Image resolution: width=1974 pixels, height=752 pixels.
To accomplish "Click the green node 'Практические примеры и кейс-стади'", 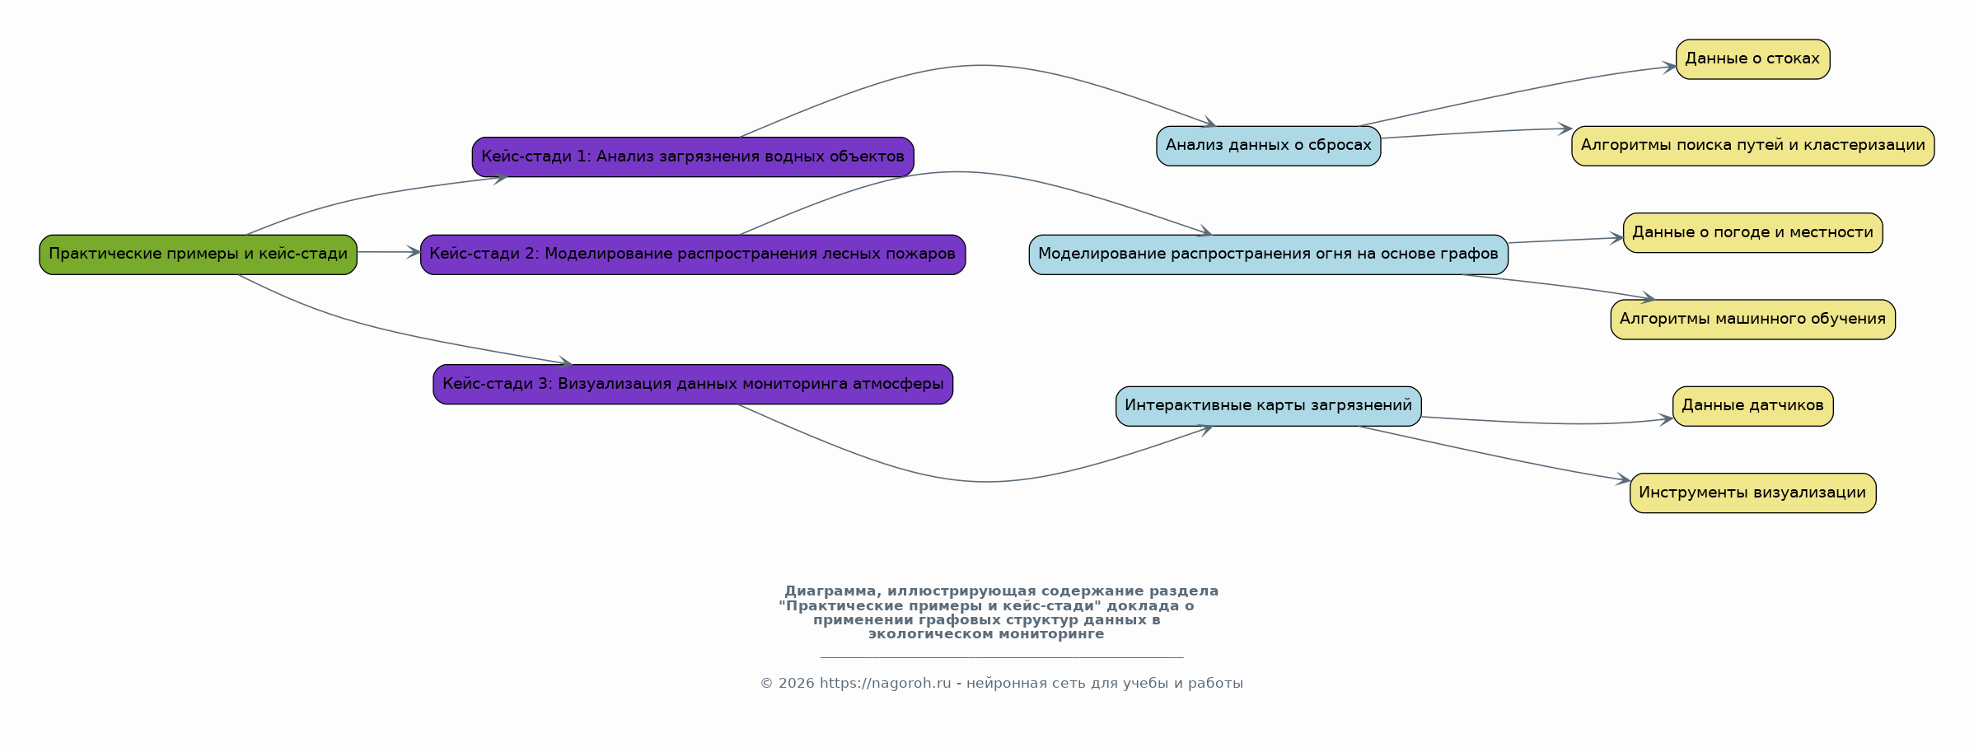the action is pos(198,255).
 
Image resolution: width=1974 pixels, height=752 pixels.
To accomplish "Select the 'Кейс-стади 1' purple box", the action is pos(693,156).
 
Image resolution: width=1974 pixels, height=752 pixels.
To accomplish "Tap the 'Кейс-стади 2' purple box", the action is pos(693,255).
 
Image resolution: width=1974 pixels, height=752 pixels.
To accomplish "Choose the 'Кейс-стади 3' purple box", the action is pos(693,385).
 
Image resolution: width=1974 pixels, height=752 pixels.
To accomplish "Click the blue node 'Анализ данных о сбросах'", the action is pos(1269,146).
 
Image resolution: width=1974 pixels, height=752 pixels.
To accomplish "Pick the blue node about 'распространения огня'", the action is pos(1269,255).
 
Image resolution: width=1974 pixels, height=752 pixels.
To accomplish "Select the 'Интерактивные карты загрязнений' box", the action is pos(1269,406).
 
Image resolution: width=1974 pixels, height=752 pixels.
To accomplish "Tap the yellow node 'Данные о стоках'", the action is pos(1753,59).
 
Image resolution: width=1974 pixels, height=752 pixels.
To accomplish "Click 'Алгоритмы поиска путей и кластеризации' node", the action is pos(1753,146).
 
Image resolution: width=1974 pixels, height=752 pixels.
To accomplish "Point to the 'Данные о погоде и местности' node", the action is pos(1753,233).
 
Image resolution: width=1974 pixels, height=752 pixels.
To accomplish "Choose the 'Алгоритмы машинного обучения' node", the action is pos(1753,320).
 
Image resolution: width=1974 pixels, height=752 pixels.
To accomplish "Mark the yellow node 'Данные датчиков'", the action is pos(1753,406).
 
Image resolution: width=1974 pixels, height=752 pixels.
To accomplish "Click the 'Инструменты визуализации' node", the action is pos(1753,493).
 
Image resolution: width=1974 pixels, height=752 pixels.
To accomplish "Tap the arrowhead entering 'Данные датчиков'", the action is pos(1666,419).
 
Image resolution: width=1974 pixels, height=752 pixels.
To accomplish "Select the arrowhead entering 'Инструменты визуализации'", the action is pos(1623,479).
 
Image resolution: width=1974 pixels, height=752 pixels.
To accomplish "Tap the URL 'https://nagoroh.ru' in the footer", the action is pos(885,684).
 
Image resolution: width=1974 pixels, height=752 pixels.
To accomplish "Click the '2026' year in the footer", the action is pos(796,684).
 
